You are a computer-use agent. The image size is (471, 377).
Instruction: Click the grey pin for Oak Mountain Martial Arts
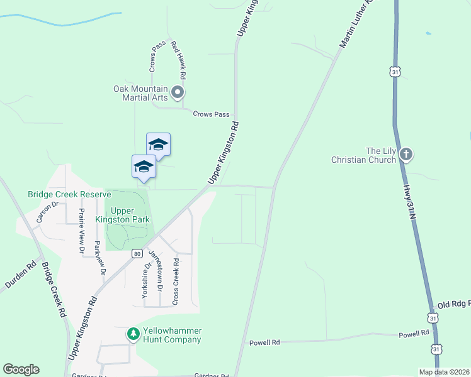(x=178, y=94)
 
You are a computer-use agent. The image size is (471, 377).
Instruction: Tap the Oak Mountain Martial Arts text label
(x=140, y=94)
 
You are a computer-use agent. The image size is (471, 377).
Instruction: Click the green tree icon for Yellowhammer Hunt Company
(x=133, y=333)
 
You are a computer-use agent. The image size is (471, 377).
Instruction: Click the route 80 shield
(x=137, y=253)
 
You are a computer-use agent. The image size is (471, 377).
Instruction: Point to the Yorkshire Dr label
(x=147, y=280)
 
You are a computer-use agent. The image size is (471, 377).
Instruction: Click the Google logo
(x=21, y=369)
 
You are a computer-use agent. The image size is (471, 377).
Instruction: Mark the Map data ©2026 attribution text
(x=443, y=372)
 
